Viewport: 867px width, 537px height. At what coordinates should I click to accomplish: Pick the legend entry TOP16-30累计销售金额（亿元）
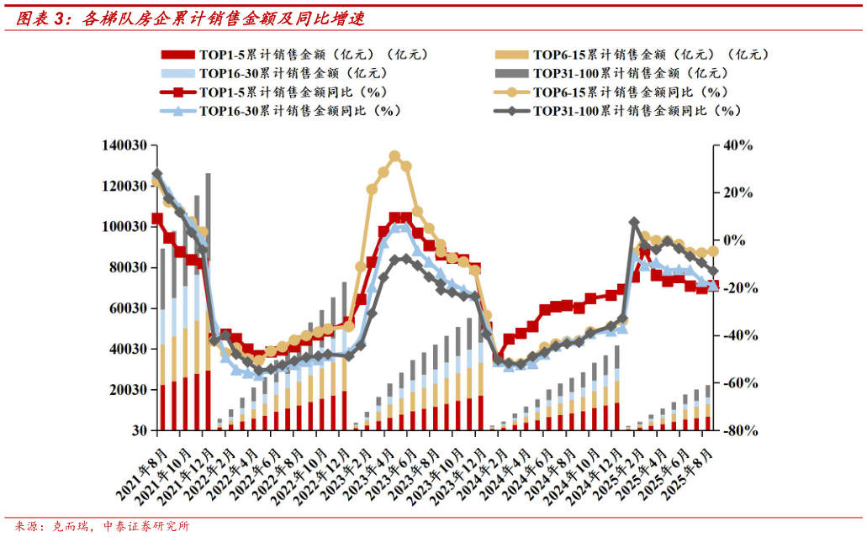[278, 73]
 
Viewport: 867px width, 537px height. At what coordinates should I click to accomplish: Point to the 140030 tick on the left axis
[124, 145]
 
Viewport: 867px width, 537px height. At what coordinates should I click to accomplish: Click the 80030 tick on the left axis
[127, 268]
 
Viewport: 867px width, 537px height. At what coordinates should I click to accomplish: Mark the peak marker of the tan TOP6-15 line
[394, 156]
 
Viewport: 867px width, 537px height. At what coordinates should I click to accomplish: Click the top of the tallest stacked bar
[208, 174]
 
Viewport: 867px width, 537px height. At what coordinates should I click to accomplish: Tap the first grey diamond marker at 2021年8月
[157, 174]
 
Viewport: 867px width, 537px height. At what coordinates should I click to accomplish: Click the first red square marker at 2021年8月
[157, 218]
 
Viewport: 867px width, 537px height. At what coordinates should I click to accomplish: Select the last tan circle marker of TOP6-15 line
[713, 250]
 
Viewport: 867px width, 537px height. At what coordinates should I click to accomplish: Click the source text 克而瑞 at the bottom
[73, 527]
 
